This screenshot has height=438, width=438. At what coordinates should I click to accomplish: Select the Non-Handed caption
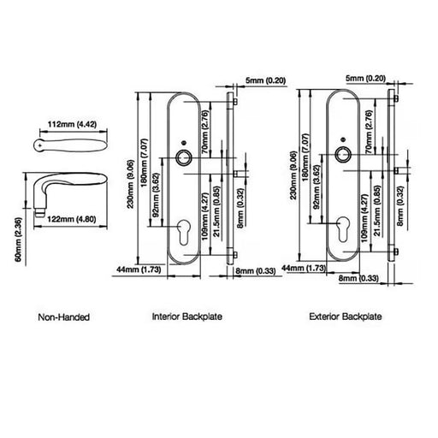pos(64,317)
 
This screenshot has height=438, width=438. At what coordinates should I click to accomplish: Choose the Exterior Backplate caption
pos(346,317)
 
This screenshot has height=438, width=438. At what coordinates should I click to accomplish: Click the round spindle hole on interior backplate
pos(183,157)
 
